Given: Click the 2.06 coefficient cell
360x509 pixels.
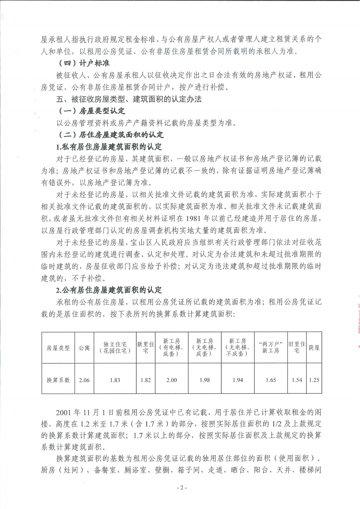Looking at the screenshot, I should [x=84, y=380].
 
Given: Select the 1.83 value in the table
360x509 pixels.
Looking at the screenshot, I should [x=115, y=380].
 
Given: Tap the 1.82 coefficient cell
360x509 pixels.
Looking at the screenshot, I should [x=146, y=380].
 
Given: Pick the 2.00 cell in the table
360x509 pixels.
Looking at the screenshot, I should [x=172, y=380].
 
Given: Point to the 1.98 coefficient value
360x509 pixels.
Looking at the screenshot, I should [x=205, y=380].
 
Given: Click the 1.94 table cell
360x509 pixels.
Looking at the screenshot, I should [x=238, y=380].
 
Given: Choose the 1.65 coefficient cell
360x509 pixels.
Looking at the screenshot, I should [x=271, y=380].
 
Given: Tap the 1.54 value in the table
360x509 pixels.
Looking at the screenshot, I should [x=297, y=380].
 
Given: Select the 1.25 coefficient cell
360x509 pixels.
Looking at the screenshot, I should [x=314, y=380].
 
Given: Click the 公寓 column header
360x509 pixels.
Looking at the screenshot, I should [x=84, y=348].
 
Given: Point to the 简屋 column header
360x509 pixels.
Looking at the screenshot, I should [x=314, y=348].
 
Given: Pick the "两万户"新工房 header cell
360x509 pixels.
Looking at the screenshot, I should [x=271, y=347].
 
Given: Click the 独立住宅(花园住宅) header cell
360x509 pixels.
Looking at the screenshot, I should [x=115, y=347].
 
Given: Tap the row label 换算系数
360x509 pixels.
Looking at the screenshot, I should [x=58, y=380].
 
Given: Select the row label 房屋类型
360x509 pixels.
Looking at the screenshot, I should [x=58, y=348].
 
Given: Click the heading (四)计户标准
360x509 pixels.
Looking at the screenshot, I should [x=83, y=63].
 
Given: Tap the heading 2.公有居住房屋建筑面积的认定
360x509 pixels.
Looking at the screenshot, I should [x=109, y=290].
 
